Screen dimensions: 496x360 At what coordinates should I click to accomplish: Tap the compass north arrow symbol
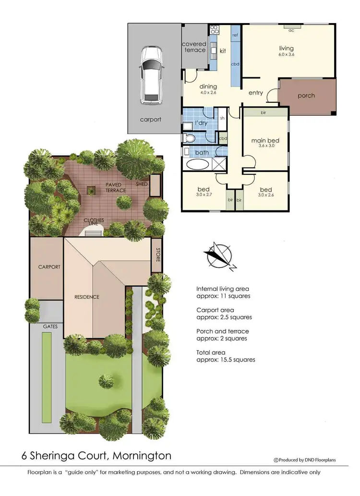219,255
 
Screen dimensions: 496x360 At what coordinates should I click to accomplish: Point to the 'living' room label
287,48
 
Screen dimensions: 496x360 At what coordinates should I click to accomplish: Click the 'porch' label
306,96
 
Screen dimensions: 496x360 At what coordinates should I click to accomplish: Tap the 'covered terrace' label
194,47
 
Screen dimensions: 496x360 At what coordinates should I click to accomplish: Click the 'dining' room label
209,86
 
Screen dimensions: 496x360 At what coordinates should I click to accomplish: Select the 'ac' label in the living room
291,30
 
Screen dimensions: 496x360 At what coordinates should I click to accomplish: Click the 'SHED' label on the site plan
142,184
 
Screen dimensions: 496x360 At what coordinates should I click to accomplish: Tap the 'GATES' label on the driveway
50,326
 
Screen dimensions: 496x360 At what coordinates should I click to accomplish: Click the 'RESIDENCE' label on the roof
87,297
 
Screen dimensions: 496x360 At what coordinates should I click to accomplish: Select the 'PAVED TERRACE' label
115,187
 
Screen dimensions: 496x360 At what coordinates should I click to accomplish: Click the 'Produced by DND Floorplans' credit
304,460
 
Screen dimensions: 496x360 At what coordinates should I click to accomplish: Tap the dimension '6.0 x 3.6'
287,55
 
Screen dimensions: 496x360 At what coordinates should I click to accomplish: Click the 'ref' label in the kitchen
235,36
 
